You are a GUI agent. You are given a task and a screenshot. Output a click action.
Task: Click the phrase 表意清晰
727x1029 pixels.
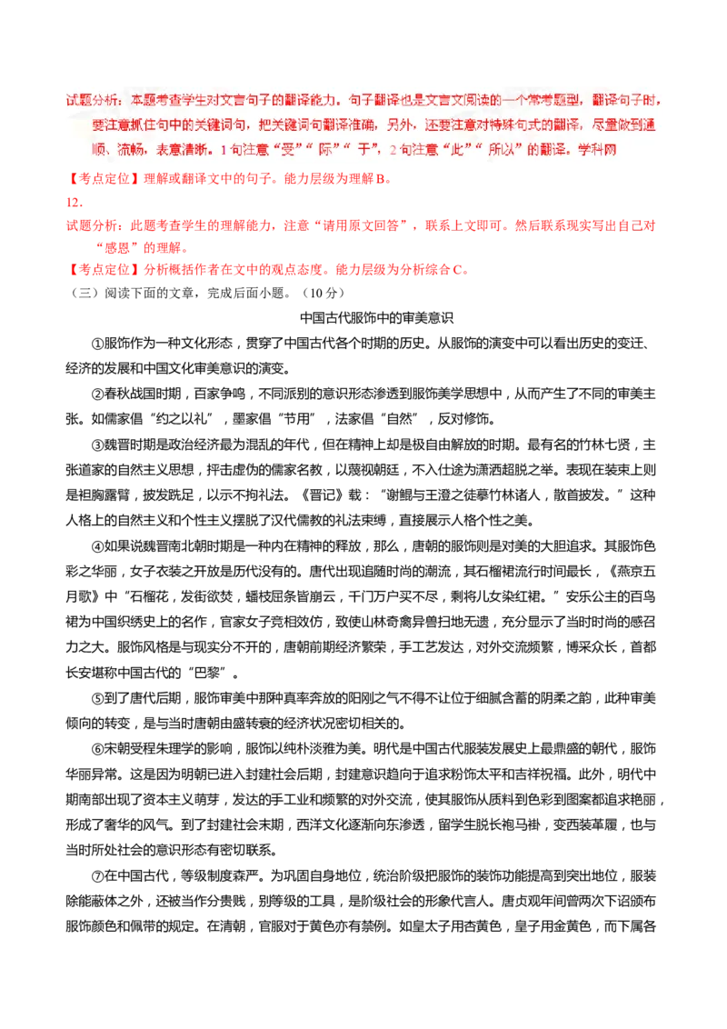tap(185, 149)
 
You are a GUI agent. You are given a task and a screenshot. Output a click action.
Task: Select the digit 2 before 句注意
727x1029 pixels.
tap(392, 149)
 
